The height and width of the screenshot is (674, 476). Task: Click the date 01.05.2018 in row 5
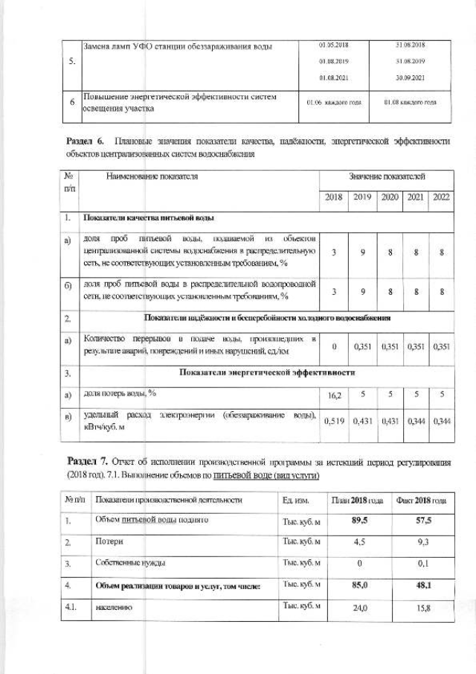[334, 45]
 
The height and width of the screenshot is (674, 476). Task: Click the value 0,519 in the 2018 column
[335, 421]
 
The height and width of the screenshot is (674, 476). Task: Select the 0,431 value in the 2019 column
[362, 421]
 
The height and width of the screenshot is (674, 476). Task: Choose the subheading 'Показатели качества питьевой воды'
[149, 218]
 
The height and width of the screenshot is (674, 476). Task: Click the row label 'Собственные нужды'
[130, 564]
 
